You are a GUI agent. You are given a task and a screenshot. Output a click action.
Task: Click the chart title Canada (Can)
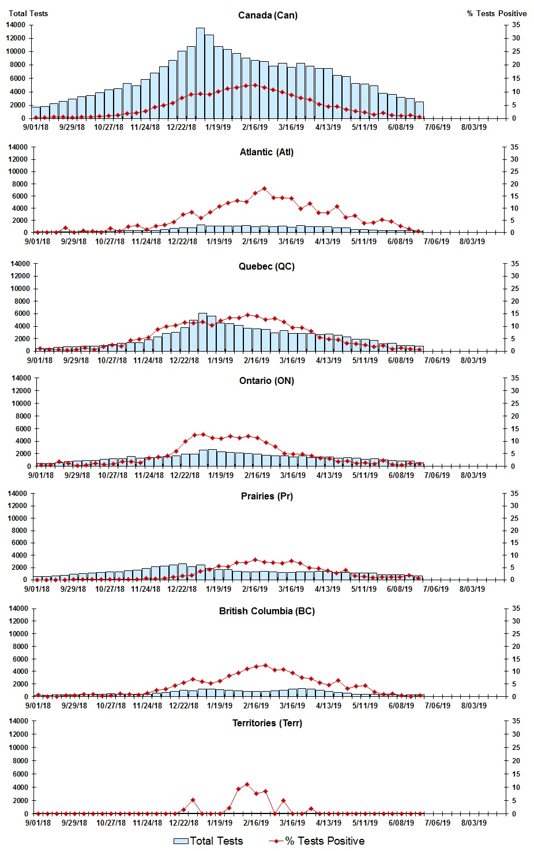(x=268, y=15)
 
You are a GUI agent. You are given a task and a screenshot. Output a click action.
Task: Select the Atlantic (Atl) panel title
(x=266, y=152)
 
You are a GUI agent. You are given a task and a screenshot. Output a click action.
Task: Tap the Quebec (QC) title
(x=266, y=267)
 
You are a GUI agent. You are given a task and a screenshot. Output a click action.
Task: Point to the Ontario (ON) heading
(x=266, y=381)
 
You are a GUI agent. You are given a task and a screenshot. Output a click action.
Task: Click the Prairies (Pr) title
(x=266, y=497)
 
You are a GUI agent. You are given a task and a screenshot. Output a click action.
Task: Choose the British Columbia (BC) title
(x=266, y=611)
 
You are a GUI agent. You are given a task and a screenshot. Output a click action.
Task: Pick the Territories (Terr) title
(x=266, y=723)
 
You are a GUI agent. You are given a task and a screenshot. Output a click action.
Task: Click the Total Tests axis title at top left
(x=28, y=13)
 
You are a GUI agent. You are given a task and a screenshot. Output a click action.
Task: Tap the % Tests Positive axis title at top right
(x=497, y=13)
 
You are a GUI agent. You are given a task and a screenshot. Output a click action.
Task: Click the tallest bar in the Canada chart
(x=200, y=73)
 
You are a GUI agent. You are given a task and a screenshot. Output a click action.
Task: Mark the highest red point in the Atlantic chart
(x=264, y=189)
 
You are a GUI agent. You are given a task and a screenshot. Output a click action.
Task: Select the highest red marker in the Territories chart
(x=247, y=784)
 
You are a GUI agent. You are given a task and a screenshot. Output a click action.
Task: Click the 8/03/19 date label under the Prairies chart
(x=472, y=589)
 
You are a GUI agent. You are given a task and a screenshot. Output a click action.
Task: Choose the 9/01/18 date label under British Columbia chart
(x=38, y=706)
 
